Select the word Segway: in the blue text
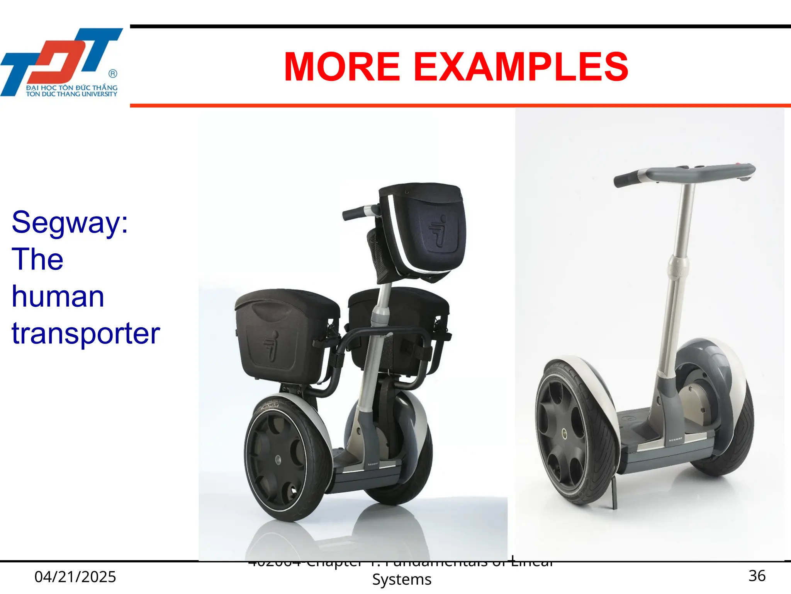click(70, 223)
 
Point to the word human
click(58, 297)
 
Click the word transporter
click(86, 333)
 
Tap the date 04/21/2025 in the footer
click(75, 577)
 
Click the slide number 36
click(757, 576)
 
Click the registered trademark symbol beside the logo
click(113, 73)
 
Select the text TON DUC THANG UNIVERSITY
click(71, 94)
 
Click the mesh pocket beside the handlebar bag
click(376, 253)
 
